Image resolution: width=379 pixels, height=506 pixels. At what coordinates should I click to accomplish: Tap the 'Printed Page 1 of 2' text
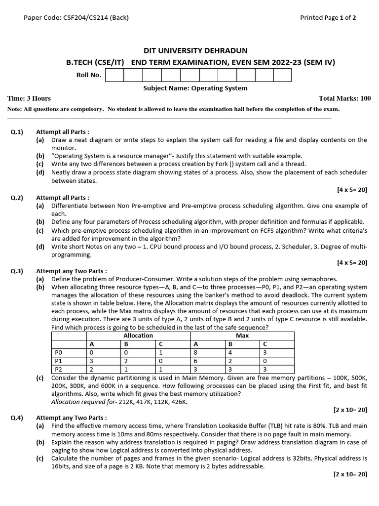click(x=328, y=18)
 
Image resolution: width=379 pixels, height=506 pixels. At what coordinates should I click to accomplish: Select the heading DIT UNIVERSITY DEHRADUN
click(x=195, y=50)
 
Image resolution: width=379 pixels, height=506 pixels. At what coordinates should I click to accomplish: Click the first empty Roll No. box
click(x=114, y=75)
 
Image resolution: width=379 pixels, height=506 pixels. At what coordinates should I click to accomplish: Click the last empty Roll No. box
click(x=282, y=75)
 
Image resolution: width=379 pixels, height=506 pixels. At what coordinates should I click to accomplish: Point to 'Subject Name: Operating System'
click(x=195, y=88)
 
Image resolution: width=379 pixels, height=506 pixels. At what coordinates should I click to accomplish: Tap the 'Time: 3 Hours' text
click(x=29, y=98)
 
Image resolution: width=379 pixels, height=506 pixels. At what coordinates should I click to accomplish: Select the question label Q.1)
click(x=17, y=132)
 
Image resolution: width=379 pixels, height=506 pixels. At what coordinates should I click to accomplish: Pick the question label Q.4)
click(x=17, y=418)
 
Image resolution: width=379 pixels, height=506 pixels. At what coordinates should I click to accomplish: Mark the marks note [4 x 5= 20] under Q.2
click(x=352, y=262)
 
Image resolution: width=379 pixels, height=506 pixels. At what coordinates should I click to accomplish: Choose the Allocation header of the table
click(x=138, y=336)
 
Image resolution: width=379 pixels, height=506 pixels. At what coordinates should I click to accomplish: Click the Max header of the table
click(x=242, y=336)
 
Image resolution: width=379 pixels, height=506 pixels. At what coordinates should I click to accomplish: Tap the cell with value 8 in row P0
click(x=196, y=352)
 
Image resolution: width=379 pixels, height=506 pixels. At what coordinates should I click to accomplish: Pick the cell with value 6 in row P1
click(x=196, y=361)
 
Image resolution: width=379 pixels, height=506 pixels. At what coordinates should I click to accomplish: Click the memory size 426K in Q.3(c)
click(x=179, y=402)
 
